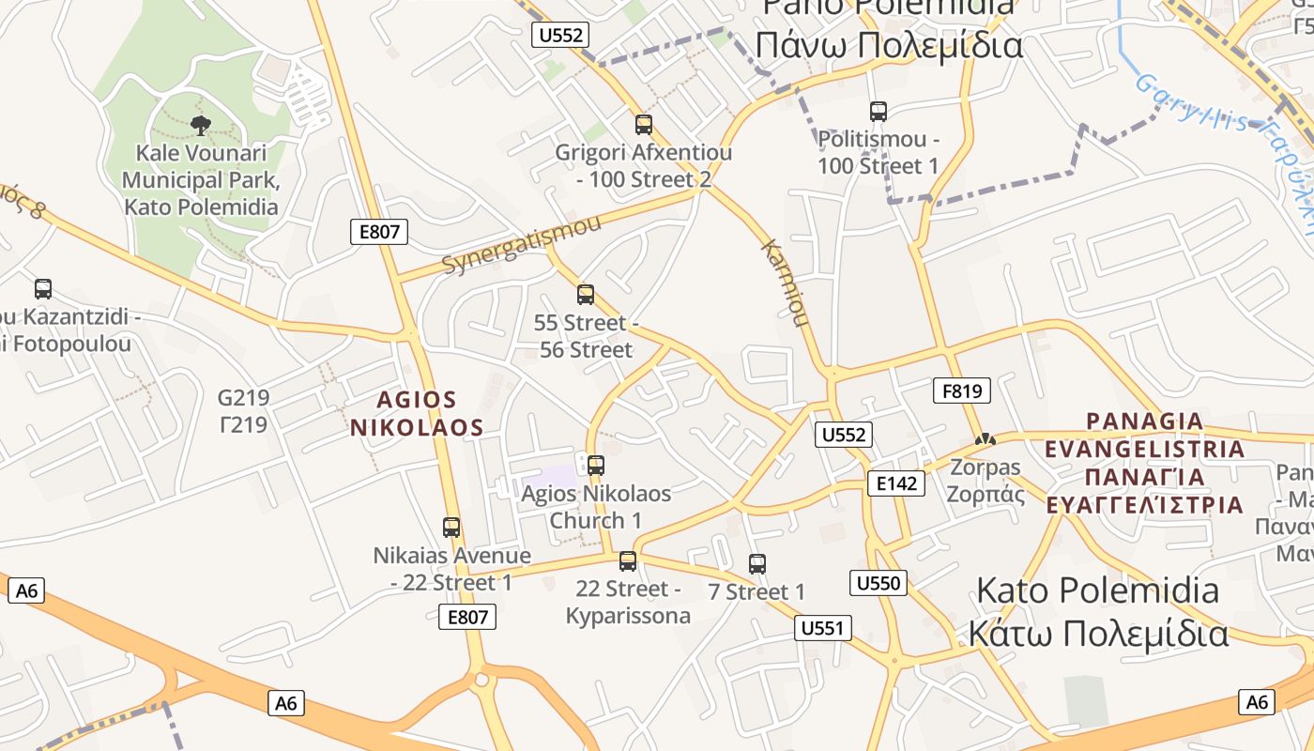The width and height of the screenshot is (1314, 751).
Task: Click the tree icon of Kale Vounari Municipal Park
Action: tap(200, 125)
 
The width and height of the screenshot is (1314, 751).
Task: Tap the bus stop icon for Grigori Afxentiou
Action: tap(644, 124)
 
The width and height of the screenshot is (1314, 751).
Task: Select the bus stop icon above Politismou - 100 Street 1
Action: tap(879, 112)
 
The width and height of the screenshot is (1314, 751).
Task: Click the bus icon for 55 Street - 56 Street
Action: tap(586, 295)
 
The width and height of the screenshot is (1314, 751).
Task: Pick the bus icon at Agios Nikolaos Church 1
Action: tap(595, 465)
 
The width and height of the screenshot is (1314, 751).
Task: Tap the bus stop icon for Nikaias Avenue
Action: tap(451, 528)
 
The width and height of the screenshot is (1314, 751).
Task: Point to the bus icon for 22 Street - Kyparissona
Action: tap(628, 561)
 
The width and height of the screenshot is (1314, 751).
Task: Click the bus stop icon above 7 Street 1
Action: tap(757, 564)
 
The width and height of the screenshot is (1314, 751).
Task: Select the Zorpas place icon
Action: tap(985, 438)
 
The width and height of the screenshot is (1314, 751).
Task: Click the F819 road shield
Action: tap(962, 391)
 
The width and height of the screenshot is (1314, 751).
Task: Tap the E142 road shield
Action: tap(895, 483)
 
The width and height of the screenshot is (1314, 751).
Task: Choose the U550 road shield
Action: tap(879, 583)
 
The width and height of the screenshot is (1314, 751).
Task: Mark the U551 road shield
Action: tap(823, 628)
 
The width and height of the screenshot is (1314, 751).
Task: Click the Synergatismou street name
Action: tap(521, 244)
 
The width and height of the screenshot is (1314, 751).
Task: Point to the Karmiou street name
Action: tap(785, 284)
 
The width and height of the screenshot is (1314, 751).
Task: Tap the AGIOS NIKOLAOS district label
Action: tap(417, 414)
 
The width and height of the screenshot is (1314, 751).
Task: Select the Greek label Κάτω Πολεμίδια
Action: tap(1097, 634)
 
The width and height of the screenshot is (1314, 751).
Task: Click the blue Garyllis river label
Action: tap(1192, 104)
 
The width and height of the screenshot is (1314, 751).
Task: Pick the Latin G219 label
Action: tap(243, 398)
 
